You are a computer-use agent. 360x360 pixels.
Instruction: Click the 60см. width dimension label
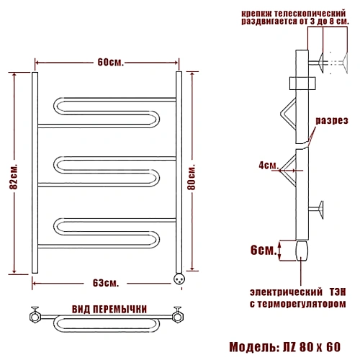pyautogui.click(x=111, y=63)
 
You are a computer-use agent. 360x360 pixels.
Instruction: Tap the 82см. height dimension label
pyautogui.click(x=14, y=176)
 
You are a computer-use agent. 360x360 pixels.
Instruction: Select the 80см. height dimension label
pyautogui.click(x=192, y=177)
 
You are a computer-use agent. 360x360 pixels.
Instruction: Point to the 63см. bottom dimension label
pyautogui.click(x=106, y=283)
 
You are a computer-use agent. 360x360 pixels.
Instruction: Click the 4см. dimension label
pyautogui.click(x=269, y=165)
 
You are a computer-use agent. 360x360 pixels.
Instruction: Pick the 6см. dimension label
pyautogui.click(x=264, y=250)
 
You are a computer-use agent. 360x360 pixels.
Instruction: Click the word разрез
pyautogui.click(x=332, y=120)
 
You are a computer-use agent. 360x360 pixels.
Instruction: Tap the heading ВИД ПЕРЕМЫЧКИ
pyautogui.click(x=109, y=309)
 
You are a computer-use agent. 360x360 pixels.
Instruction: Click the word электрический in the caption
pyautogui.click(x=286, y=292)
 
